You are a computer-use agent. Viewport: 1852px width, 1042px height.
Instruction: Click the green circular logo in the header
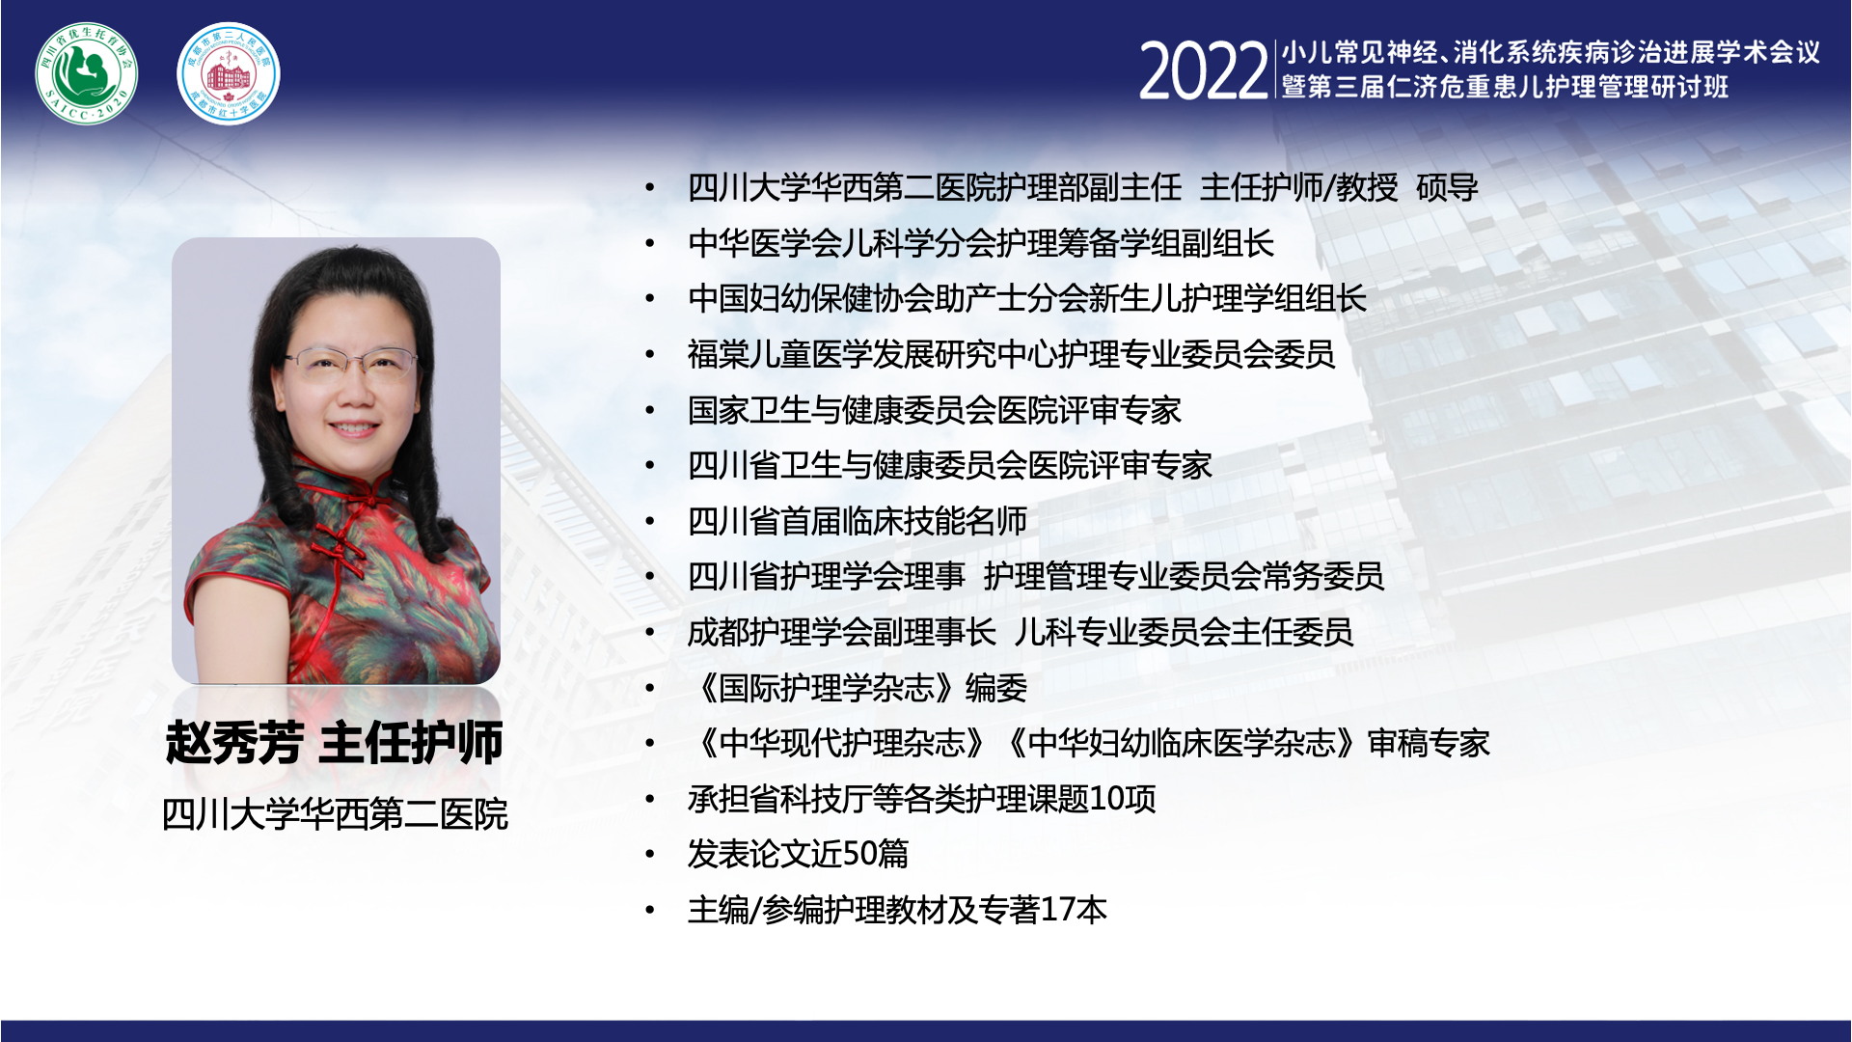[x=86, y=73]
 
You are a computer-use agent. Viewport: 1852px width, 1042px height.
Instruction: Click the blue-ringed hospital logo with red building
[x=229, y=73]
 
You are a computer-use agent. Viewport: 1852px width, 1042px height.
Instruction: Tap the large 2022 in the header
[x=1203, y=70]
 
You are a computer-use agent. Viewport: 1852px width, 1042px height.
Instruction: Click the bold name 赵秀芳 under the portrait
[x=234, y=743]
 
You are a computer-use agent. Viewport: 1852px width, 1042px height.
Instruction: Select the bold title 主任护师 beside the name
[x=411, y=743]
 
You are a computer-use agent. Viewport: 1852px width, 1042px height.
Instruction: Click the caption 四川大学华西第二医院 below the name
[x=335, y=814]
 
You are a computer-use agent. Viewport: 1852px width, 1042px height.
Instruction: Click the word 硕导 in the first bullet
[x=1447, y=187]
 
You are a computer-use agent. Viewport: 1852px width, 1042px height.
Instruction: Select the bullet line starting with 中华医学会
[x=981, y=243]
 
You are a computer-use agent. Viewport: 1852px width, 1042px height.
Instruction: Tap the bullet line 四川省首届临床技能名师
[x=858, y=521]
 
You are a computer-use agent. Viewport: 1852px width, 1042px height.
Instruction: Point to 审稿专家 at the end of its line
[x=1429, y=743]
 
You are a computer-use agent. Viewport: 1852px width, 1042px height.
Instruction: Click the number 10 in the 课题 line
[x=1105, y=799]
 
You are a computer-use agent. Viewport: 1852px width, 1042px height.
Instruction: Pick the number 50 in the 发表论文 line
[x=859, y=854]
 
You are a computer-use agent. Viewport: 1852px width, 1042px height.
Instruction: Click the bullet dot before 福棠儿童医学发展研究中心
[x=651, y=355]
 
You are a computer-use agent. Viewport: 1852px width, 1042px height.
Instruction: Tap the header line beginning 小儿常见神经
[x=1551, y=52]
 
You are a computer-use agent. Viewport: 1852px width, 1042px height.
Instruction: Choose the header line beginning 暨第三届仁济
[x=1505, y=87]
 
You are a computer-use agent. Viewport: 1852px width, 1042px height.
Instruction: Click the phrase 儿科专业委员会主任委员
[x=1184, y=632]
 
